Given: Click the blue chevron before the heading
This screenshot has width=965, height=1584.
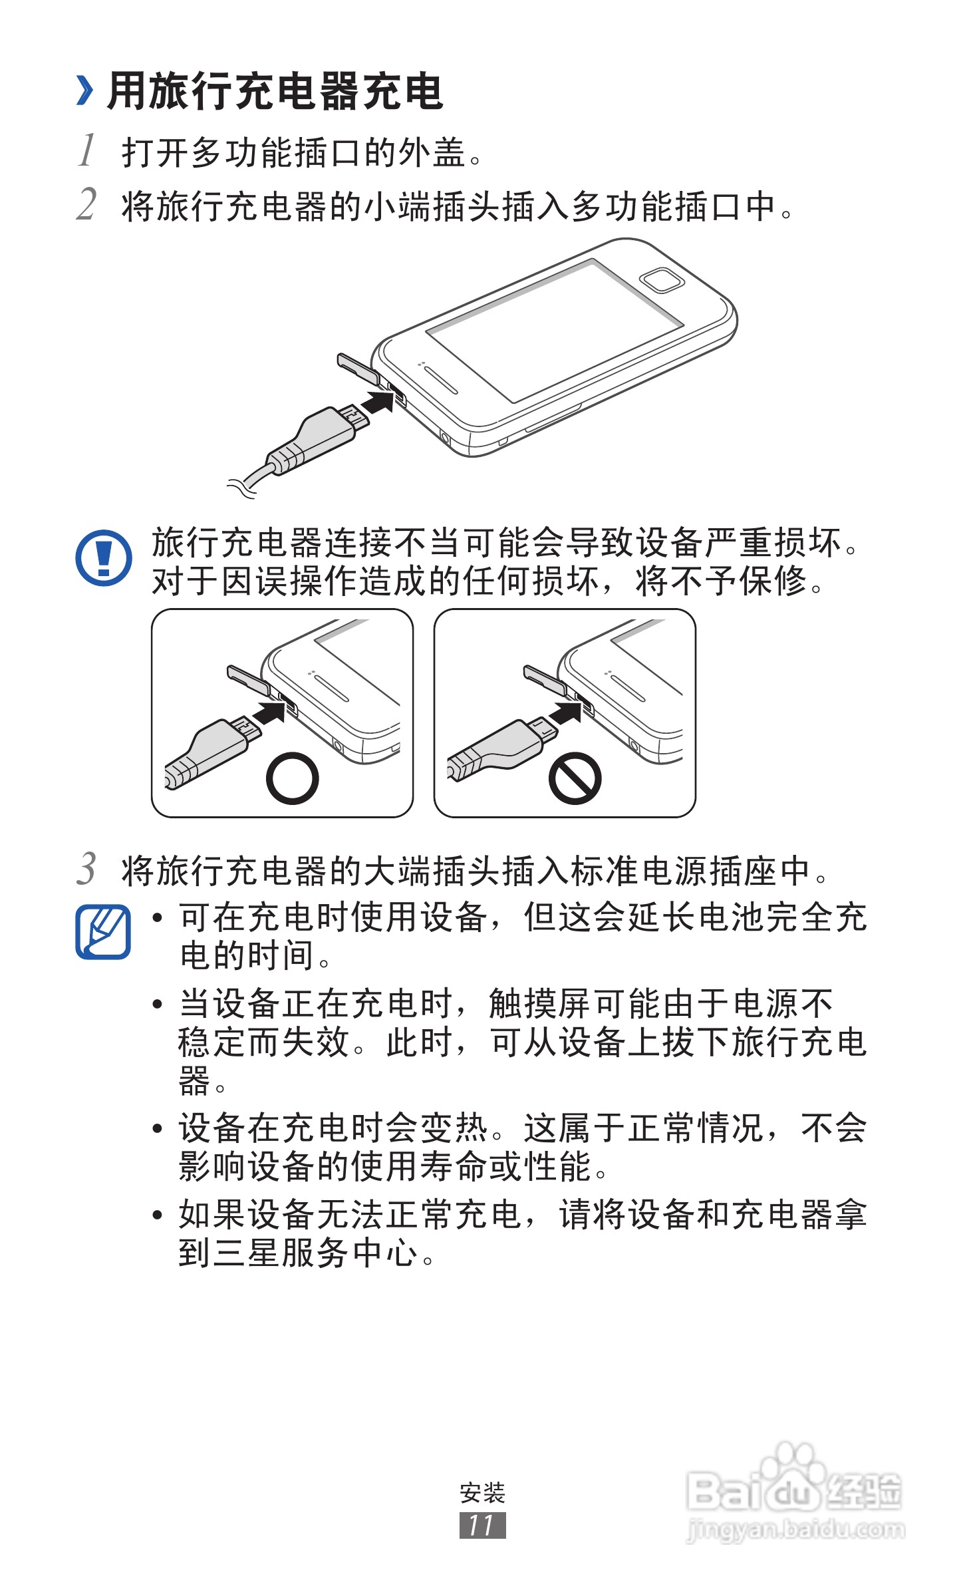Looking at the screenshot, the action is click(x=84, y=91).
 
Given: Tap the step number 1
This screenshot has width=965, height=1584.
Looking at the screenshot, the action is click(x=87, y=150).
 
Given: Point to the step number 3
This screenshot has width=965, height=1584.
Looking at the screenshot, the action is click(x=86, y=869).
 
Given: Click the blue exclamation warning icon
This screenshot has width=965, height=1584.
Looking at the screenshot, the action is click(x=104, y=557).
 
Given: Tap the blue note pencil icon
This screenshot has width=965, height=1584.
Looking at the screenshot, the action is click(x=103, y=931).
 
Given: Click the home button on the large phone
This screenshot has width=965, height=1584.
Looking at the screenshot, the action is click(x=661, y=280).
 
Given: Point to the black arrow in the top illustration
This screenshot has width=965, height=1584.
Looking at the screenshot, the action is click(x=378, y=402).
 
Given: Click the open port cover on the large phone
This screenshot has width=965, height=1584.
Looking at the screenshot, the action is click(x=357, y=367).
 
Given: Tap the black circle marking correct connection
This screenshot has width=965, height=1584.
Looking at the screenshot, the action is click(x=292, y=778).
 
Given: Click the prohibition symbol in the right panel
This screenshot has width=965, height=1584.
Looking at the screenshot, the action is click(x=575, y=778).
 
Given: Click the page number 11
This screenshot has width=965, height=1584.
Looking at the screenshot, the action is click(x=482, y=1525).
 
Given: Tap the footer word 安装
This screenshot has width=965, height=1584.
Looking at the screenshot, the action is click(x=483, y=1493).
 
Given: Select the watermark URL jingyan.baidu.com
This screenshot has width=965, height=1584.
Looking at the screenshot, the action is click(x=795, y=1529).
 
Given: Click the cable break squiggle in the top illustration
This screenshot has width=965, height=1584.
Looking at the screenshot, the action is click(x=241, y=488).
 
